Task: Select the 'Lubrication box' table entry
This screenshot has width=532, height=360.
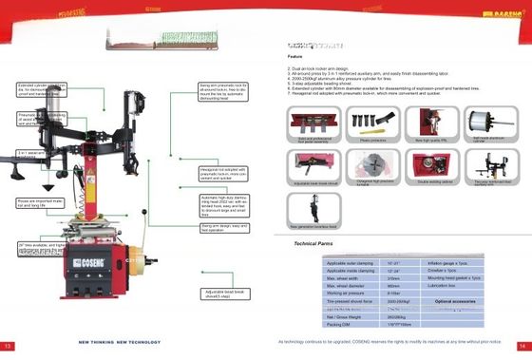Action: [445, 286]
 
